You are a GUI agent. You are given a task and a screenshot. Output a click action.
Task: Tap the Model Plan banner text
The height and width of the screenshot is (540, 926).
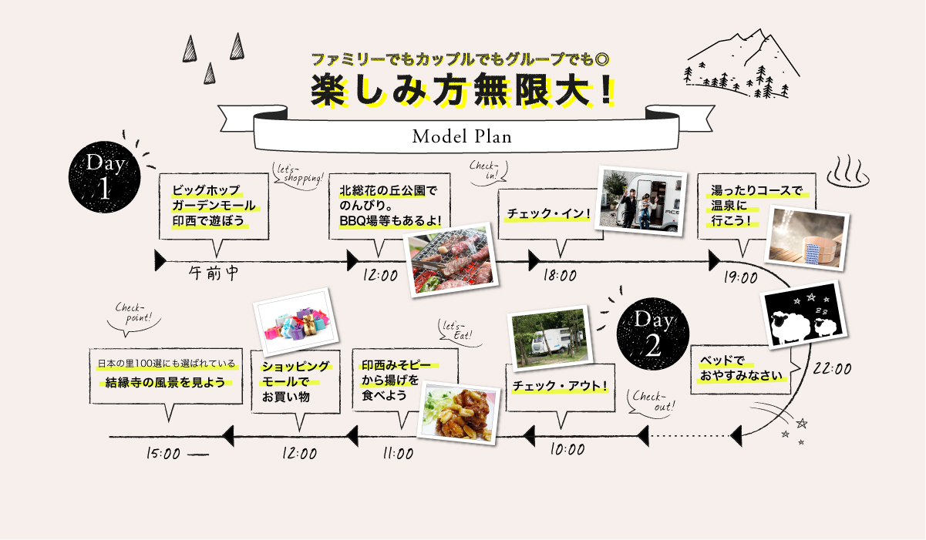point(462,137)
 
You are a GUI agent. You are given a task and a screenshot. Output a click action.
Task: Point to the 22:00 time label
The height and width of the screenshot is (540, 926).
point(832,369)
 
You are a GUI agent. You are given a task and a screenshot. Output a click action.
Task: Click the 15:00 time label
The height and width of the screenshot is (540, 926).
point(163,454)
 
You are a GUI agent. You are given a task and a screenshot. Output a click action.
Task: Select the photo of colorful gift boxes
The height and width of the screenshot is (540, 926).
point(297,323)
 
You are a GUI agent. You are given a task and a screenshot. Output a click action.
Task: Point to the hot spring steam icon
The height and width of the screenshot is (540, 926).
point(847,171)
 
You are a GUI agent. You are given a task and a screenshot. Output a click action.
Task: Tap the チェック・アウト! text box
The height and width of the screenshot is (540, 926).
point(561,386)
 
